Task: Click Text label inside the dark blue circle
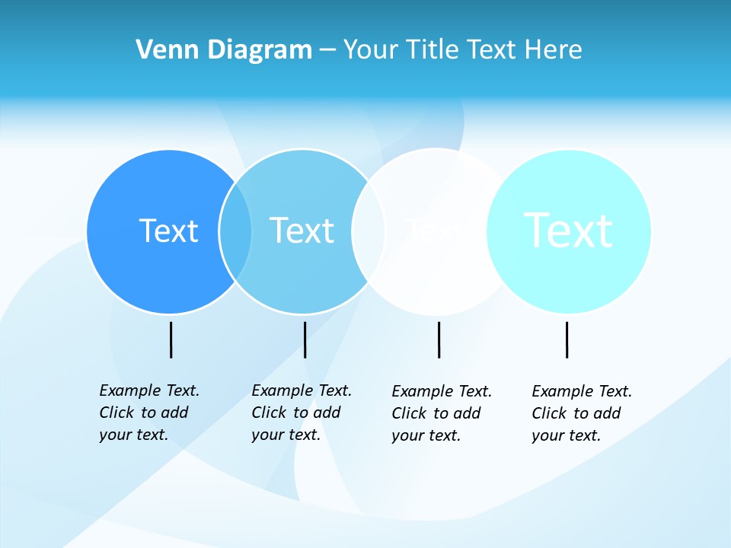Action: (168, 231)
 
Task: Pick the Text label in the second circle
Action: (302, 231)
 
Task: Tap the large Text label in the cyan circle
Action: (568, 230)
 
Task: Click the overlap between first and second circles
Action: (235, 231)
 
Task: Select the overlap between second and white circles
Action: (369, 231)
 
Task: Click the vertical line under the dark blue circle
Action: (171, 339)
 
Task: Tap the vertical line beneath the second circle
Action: (305, 339)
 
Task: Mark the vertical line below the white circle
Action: (439, 339)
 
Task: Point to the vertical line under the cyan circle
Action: (567, 339)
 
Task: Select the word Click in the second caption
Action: (270, 413)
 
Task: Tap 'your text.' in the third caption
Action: (426, 435)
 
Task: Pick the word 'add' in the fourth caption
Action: (607, 413)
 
